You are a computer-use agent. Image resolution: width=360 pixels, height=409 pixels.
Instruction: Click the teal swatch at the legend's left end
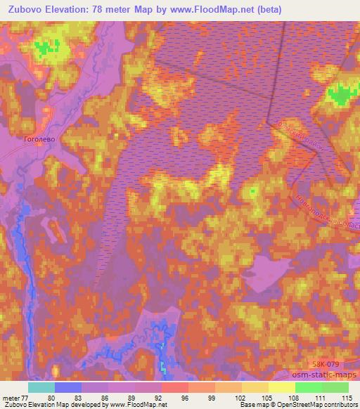click(41, 387)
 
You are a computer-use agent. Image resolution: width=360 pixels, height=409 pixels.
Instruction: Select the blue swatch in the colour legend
click(68, 387)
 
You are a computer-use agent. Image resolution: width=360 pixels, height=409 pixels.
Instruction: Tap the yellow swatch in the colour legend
click(281, 387)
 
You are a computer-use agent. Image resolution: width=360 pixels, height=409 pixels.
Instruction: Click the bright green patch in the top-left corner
click(46, 48)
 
